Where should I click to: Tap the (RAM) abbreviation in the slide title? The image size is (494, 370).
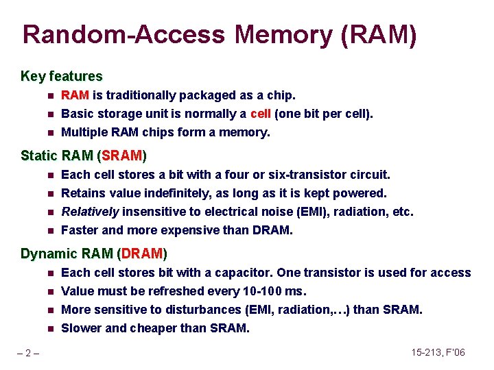[x=378, y=35]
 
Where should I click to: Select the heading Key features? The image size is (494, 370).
[x=62, y=76]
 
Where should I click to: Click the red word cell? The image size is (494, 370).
[x=261, y=114]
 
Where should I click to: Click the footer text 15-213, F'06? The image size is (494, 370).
[x=438, y=352]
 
